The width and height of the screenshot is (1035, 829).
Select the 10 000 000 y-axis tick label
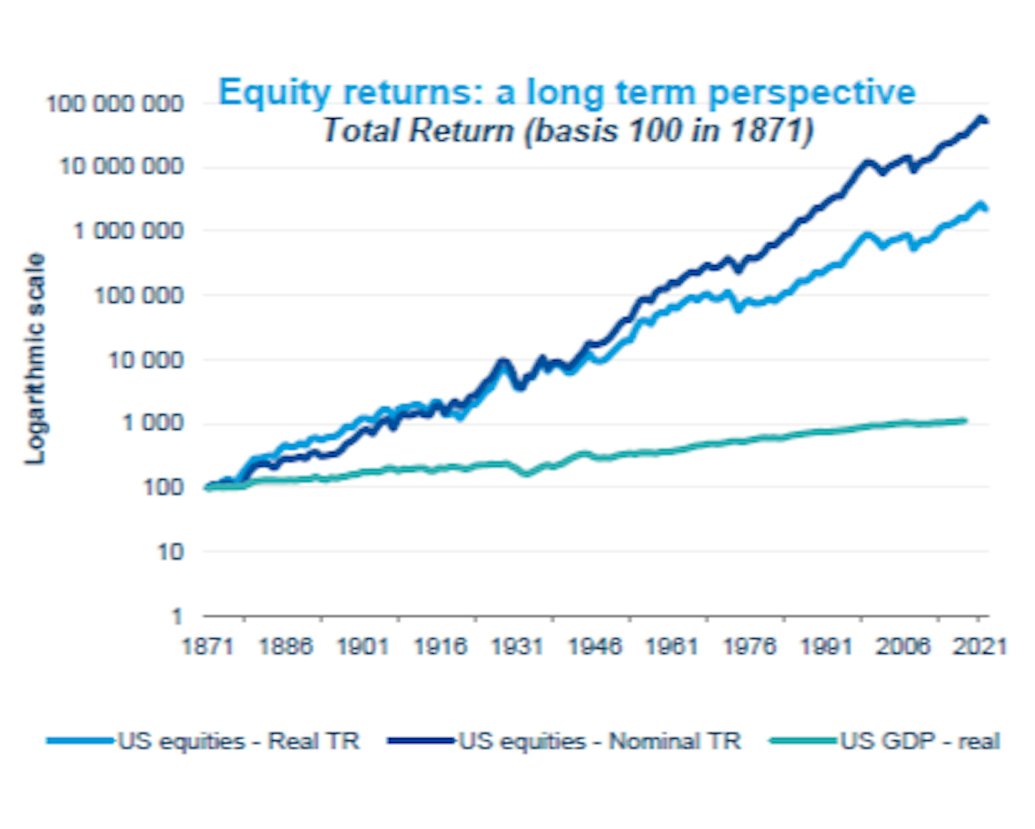pos(121,167)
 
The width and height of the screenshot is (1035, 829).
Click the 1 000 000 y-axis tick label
pos(128,231)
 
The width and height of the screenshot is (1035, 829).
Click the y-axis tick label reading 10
pos(170,552)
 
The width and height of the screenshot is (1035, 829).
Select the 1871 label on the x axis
pos(208,646)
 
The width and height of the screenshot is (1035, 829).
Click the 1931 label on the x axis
pos(517,646)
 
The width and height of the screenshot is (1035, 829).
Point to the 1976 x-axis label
pos(749,646)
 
